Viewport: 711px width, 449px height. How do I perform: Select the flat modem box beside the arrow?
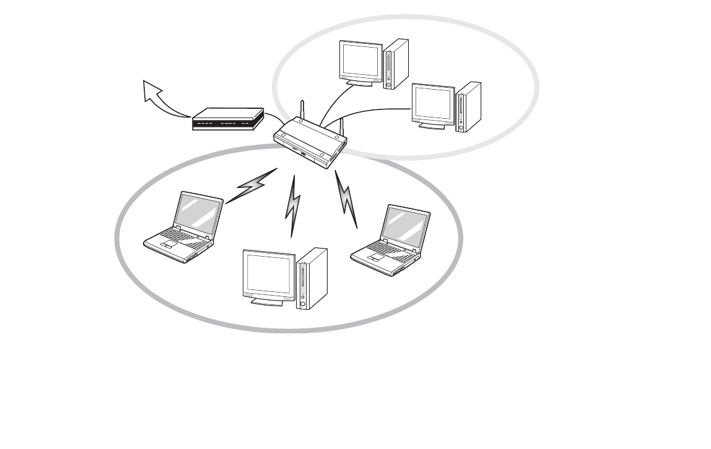227,119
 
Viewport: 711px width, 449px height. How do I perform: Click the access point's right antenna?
340,128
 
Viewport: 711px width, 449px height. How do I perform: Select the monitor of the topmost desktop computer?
360,61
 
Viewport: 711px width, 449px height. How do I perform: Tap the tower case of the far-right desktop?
468,106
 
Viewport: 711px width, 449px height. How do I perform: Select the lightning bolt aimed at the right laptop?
347,199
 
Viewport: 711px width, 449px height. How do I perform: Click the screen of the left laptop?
198,214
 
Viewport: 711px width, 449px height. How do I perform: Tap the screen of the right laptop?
405,226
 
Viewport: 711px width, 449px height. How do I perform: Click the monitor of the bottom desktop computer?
269,276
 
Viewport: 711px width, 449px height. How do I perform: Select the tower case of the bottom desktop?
312,278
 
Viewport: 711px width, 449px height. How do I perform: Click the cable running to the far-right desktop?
372,111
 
